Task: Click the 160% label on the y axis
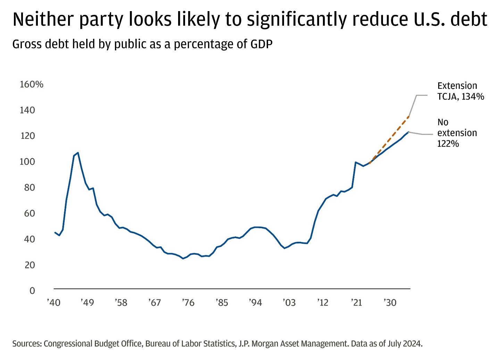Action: click(32, 84)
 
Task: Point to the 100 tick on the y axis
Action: click(27, 162)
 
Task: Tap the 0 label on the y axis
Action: click(32, 291)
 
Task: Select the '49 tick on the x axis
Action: click(87, 303)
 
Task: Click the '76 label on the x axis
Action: click(188, 303)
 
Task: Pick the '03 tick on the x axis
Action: click(289, 303)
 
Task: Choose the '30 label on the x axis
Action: click(390, 303)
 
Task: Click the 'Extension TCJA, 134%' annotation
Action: click(460, 91)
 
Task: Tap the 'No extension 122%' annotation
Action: click(457, 133)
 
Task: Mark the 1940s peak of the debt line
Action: click(78, 153)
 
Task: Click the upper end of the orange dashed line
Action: click(409, 117)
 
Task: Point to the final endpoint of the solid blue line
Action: click(409, 132)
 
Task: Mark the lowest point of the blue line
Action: click(183, 259)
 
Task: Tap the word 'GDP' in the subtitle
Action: click(261, 44)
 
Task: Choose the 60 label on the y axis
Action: click(30, 214)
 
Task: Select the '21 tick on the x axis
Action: click(357, 303)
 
